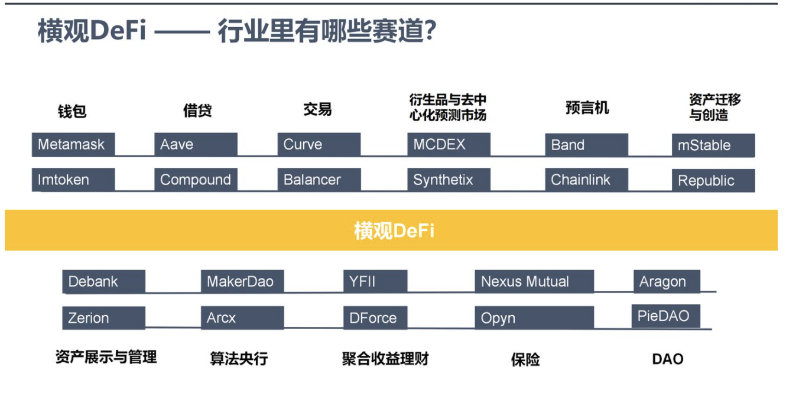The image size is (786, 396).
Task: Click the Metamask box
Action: pos(73,145)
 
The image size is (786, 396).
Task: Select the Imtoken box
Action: pos(73,180)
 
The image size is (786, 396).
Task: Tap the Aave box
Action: pos(196,145)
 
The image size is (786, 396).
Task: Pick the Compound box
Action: pos(196,180)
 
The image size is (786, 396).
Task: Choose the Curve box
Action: pos(319,145)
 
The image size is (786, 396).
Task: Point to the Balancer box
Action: pos(319,180)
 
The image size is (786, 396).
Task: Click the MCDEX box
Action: pos(449,145)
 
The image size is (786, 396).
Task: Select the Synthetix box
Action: pos(449,180)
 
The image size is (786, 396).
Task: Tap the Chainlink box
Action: pos(586,180)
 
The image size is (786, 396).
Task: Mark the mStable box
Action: pos(713,145)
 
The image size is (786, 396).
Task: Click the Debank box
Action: pos(103,282)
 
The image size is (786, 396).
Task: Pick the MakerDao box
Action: pos(242,282)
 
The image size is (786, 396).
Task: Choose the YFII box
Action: pos(375,282)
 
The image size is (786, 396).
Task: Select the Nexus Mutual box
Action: pos(534,282)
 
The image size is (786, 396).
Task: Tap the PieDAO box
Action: pos(666,316)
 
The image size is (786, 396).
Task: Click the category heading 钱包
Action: pos(72,111)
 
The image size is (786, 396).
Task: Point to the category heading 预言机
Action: pos(587,109)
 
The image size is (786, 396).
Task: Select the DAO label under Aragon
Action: pos(667,359)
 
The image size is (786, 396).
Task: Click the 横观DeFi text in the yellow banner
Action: pos(394,230)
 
